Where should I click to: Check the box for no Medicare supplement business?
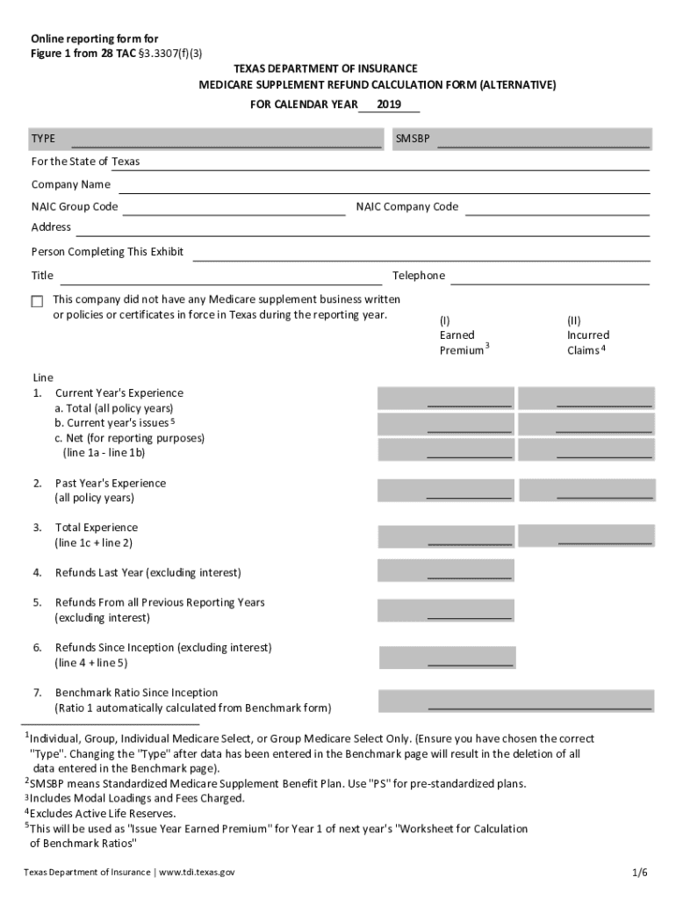(x=37, y=301)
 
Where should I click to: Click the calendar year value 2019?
(x=388, y=104)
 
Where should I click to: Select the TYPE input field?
(x=226, y=140)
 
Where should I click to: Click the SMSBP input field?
(x=543, y=140)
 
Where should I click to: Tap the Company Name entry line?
(x=384, y=185)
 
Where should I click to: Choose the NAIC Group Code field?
(x=234, y=207)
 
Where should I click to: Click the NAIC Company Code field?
(x=557, y=207)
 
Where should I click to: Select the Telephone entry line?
(x=550, y=277)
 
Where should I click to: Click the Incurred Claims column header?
(x=587, y=335)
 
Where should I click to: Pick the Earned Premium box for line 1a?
(x=445, y=399)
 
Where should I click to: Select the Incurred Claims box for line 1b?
(x=586, y=424)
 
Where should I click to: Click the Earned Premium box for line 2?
(x=445, y=490)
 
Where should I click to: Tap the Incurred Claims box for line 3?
(x=586, y=535)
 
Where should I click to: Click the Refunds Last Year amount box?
(x=445, y=571)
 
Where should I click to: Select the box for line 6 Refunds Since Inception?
(x=447, y=658)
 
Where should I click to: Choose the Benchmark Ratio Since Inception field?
(x=515, y=701)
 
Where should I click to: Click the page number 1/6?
(x=639, y=872)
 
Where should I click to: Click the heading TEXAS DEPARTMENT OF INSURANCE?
(x=325, y=68)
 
